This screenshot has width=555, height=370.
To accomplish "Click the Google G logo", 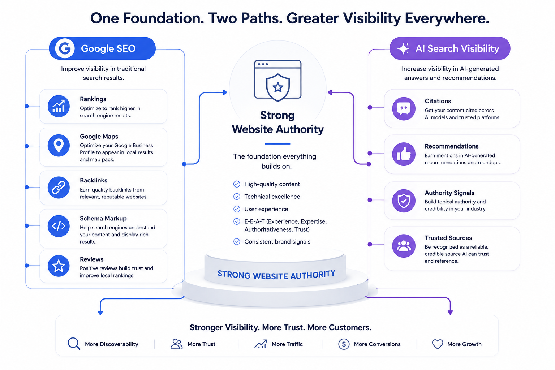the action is [x=64, y=48].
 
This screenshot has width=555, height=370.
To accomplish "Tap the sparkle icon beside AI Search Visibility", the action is [x=403, y=48].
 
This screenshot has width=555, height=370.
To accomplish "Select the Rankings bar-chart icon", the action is [x=59, y=106].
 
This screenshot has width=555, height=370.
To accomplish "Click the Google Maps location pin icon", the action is [x=59, y=146].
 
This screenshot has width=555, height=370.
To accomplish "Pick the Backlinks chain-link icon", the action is [x=59, y=188].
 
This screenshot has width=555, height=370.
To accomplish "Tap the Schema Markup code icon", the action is [x=59, y=226].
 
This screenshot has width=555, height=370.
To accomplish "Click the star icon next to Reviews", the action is [x=59, y=266].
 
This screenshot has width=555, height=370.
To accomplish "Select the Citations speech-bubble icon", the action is [x=404, y=108].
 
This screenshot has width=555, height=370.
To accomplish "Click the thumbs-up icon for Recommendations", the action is [x=404, y=154].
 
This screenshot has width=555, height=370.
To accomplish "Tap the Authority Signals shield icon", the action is [x=404, y=201].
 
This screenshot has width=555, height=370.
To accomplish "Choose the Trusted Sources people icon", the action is [x=404, y=246].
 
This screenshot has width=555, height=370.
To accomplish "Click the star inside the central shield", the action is [x=278, y=87].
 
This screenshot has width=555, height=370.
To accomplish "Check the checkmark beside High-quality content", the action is [x=237, y=184].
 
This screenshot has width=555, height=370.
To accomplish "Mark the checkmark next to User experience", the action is [x=237, y=209].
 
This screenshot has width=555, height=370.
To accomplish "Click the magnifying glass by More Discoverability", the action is [x=74, y=344].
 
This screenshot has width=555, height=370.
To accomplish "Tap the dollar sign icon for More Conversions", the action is [x=344, y=344].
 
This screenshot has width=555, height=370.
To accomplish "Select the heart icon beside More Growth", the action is [x=437, y=344].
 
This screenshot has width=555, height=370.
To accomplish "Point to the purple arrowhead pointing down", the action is [x=450, y=313].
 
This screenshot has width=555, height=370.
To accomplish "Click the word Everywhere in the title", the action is [x=447, y=18].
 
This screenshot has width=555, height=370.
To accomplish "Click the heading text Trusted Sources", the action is [x=448, y=238].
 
